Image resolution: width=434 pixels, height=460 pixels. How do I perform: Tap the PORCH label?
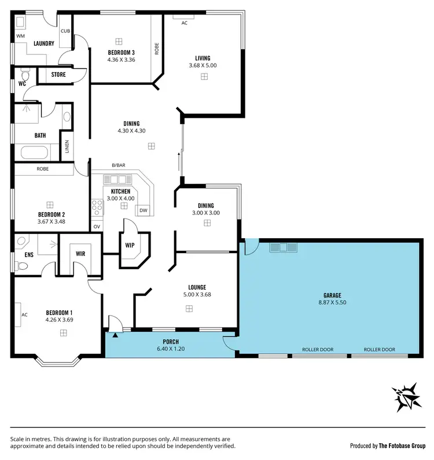(x=170, y=342)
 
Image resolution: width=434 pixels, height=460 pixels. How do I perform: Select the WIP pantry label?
(x=130, y=245)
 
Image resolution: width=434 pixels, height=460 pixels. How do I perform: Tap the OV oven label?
(x=97, y=226)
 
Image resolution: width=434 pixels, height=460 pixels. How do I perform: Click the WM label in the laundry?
(x=21, y=36)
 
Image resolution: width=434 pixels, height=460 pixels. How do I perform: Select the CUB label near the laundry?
(x=65, y=31)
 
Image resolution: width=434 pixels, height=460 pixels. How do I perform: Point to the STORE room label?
(x=58, y=75)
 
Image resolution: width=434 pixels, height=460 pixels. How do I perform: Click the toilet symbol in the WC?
(x=25, y=75)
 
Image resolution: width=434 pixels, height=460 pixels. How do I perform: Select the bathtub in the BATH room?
(x=35, y=153)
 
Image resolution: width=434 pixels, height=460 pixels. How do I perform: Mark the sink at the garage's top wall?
(x=283, y=247)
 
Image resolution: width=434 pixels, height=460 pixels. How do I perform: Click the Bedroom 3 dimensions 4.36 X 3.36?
(x=121, y=60)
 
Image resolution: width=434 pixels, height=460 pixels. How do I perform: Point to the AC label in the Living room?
(x=185, y=23)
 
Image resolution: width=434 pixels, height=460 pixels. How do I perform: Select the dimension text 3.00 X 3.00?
(x=205, y=213)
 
